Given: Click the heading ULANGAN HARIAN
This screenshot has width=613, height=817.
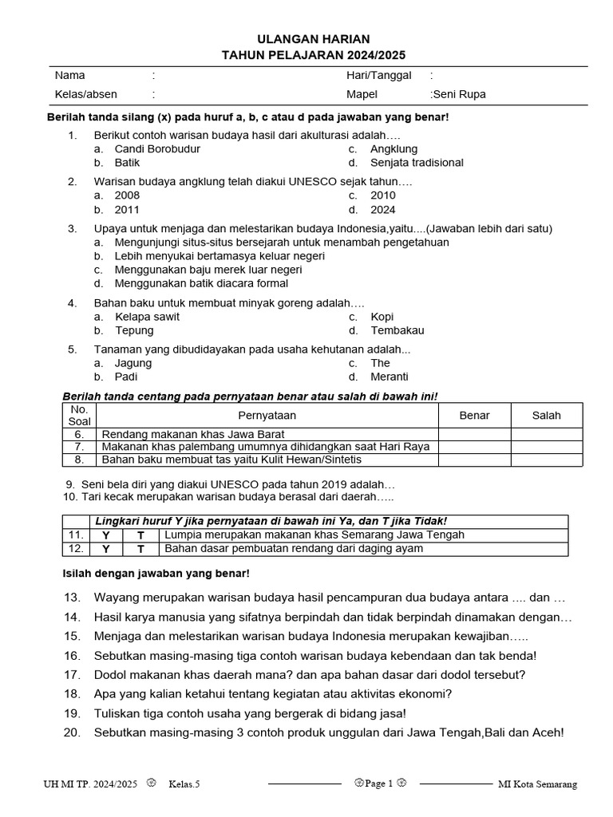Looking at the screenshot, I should coord(313,39).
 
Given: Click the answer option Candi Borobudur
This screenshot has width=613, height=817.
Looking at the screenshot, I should coord(157,148).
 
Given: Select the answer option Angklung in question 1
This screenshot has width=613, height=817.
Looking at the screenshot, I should coord(394,148).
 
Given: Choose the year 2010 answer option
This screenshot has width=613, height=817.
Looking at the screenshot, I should coord(383,195).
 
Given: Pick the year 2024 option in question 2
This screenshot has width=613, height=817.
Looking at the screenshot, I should coord(383,210).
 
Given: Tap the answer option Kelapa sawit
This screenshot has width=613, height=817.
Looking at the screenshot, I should coord(147,317).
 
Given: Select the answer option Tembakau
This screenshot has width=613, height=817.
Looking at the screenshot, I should coord(397,330).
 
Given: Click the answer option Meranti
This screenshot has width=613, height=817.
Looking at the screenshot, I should coord(390,377).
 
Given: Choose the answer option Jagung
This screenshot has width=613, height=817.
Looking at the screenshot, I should coord(132,363).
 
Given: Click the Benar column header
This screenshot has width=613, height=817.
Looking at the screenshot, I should coord(474,415).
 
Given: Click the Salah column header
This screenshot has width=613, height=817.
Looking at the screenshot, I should coord(547,415).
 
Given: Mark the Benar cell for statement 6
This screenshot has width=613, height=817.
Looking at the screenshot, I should coord(474,434).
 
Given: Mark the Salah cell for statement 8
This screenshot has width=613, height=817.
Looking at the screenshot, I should coord(547,460).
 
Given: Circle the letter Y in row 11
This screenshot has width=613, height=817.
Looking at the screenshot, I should coord(106,535).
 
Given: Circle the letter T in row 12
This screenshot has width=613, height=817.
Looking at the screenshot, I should coord(140,549).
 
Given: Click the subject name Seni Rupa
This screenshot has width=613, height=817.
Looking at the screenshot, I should coord(459,94).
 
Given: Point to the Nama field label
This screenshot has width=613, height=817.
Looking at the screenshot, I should coord(69,75).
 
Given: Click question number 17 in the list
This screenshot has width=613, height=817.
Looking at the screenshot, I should coord(72,674).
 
